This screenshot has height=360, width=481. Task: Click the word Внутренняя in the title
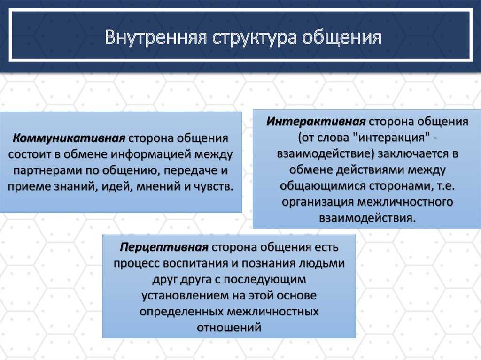coord(155,38)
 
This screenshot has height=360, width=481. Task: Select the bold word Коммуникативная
coord(69,138)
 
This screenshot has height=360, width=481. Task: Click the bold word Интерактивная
coord(316,122)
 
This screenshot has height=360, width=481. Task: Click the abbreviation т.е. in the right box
coord(443,186)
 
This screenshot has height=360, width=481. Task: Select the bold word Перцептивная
coord(164,247)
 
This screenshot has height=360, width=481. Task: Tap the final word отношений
coord(229,328)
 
